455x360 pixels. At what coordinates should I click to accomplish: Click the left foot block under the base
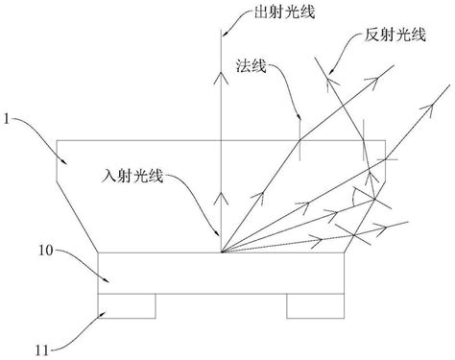click(x=128, y=304)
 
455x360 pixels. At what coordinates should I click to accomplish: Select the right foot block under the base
click(x=314, y=304)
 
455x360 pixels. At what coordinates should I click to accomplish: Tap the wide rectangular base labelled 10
click(x=221, y=273)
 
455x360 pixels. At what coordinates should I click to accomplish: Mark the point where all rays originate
click(x=221, y=252)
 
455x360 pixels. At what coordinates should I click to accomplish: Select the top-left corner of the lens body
click(x=56, y=140)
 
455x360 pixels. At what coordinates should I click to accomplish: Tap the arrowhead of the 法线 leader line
click(x=299, y=120)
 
